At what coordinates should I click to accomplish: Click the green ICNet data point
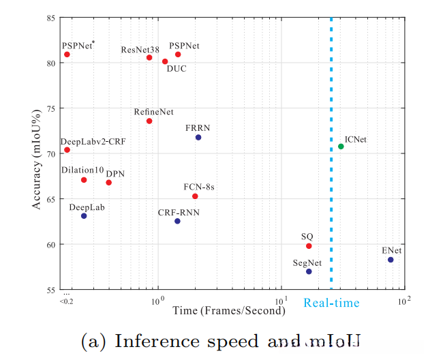341,147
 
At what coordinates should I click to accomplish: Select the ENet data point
391,260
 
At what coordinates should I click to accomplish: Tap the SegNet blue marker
309,271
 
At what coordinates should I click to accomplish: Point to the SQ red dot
309,246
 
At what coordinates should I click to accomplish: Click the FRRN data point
198,138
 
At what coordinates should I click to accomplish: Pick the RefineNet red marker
149,121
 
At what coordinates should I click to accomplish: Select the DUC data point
165,61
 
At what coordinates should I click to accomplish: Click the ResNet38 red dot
149,58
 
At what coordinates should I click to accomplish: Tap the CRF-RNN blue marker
177,221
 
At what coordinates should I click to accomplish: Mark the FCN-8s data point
195,196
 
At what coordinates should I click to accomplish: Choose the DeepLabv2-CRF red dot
67,150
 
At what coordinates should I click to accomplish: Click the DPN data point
108,183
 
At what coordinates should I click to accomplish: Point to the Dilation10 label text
82,170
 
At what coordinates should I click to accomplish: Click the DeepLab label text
87,206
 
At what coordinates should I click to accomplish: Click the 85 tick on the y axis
51,17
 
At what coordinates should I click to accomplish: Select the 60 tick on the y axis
51,245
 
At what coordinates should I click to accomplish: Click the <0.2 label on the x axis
66,301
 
